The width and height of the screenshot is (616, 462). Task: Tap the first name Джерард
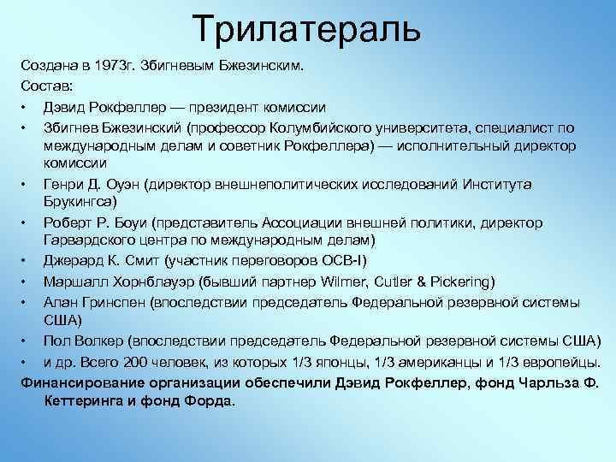71,261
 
